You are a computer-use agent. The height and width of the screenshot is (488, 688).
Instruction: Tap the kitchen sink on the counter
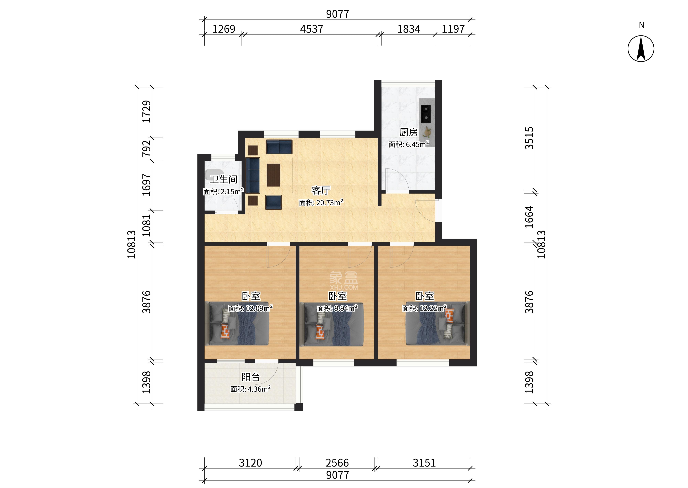tap(425, 114)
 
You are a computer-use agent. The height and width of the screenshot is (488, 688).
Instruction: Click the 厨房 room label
tap(408, 132)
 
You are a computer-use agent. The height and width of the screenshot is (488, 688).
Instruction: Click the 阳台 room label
tap(251, 377)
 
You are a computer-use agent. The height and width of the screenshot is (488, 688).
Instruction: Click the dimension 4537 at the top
tap(312, 29)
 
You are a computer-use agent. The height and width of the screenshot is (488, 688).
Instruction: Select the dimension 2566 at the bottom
tap(337, 463)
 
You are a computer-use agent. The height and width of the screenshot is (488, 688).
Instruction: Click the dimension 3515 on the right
tap(529, 138)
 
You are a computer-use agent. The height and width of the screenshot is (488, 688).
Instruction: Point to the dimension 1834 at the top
tap(409, 29)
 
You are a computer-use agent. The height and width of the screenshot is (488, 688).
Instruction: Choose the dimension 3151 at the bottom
tap(424, 463)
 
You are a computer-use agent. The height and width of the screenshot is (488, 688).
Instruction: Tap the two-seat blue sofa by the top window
tap(279, 147)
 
